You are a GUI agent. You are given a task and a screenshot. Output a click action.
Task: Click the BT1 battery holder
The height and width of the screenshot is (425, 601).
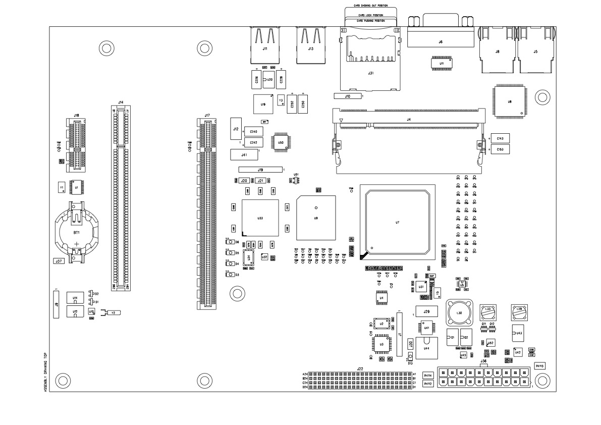point(77,233)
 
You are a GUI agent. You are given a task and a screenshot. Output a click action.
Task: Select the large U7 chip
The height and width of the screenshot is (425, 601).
point(398,222)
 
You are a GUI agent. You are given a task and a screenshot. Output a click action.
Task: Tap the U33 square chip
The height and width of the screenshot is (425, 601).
point(260,218)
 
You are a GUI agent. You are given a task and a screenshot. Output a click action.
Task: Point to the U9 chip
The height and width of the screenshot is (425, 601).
point(316,218)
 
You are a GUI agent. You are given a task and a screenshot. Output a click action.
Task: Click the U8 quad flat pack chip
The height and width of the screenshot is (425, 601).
point(510,101)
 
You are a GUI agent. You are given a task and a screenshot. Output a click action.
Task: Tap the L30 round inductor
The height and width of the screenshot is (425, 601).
point(459,313)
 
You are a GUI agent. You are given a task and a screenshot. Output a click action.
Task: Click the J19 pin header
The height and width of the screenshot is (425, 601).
point(260,170)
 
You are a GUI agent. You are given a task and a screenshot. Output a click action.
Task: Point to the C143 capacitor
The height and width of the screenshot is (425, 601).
point(499,138)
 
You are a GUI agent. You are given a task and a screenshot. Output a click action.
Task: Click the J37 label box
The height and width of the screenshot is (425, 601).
point(59,261)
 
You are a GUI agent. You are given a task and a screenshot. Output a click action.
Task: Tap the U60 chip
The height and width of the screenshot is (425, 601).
point(281,142)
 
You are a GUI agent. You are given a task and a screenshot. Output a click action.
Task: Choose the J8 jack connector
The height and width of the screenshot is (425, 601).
point(498,50)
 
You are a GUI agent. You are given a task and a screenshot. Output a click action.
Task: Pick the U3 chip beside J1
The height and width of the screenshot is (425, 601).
point(381,344)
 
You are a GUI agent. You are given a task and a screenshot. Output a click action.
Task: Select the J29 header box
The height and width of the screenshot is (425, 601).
point(426,311)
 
